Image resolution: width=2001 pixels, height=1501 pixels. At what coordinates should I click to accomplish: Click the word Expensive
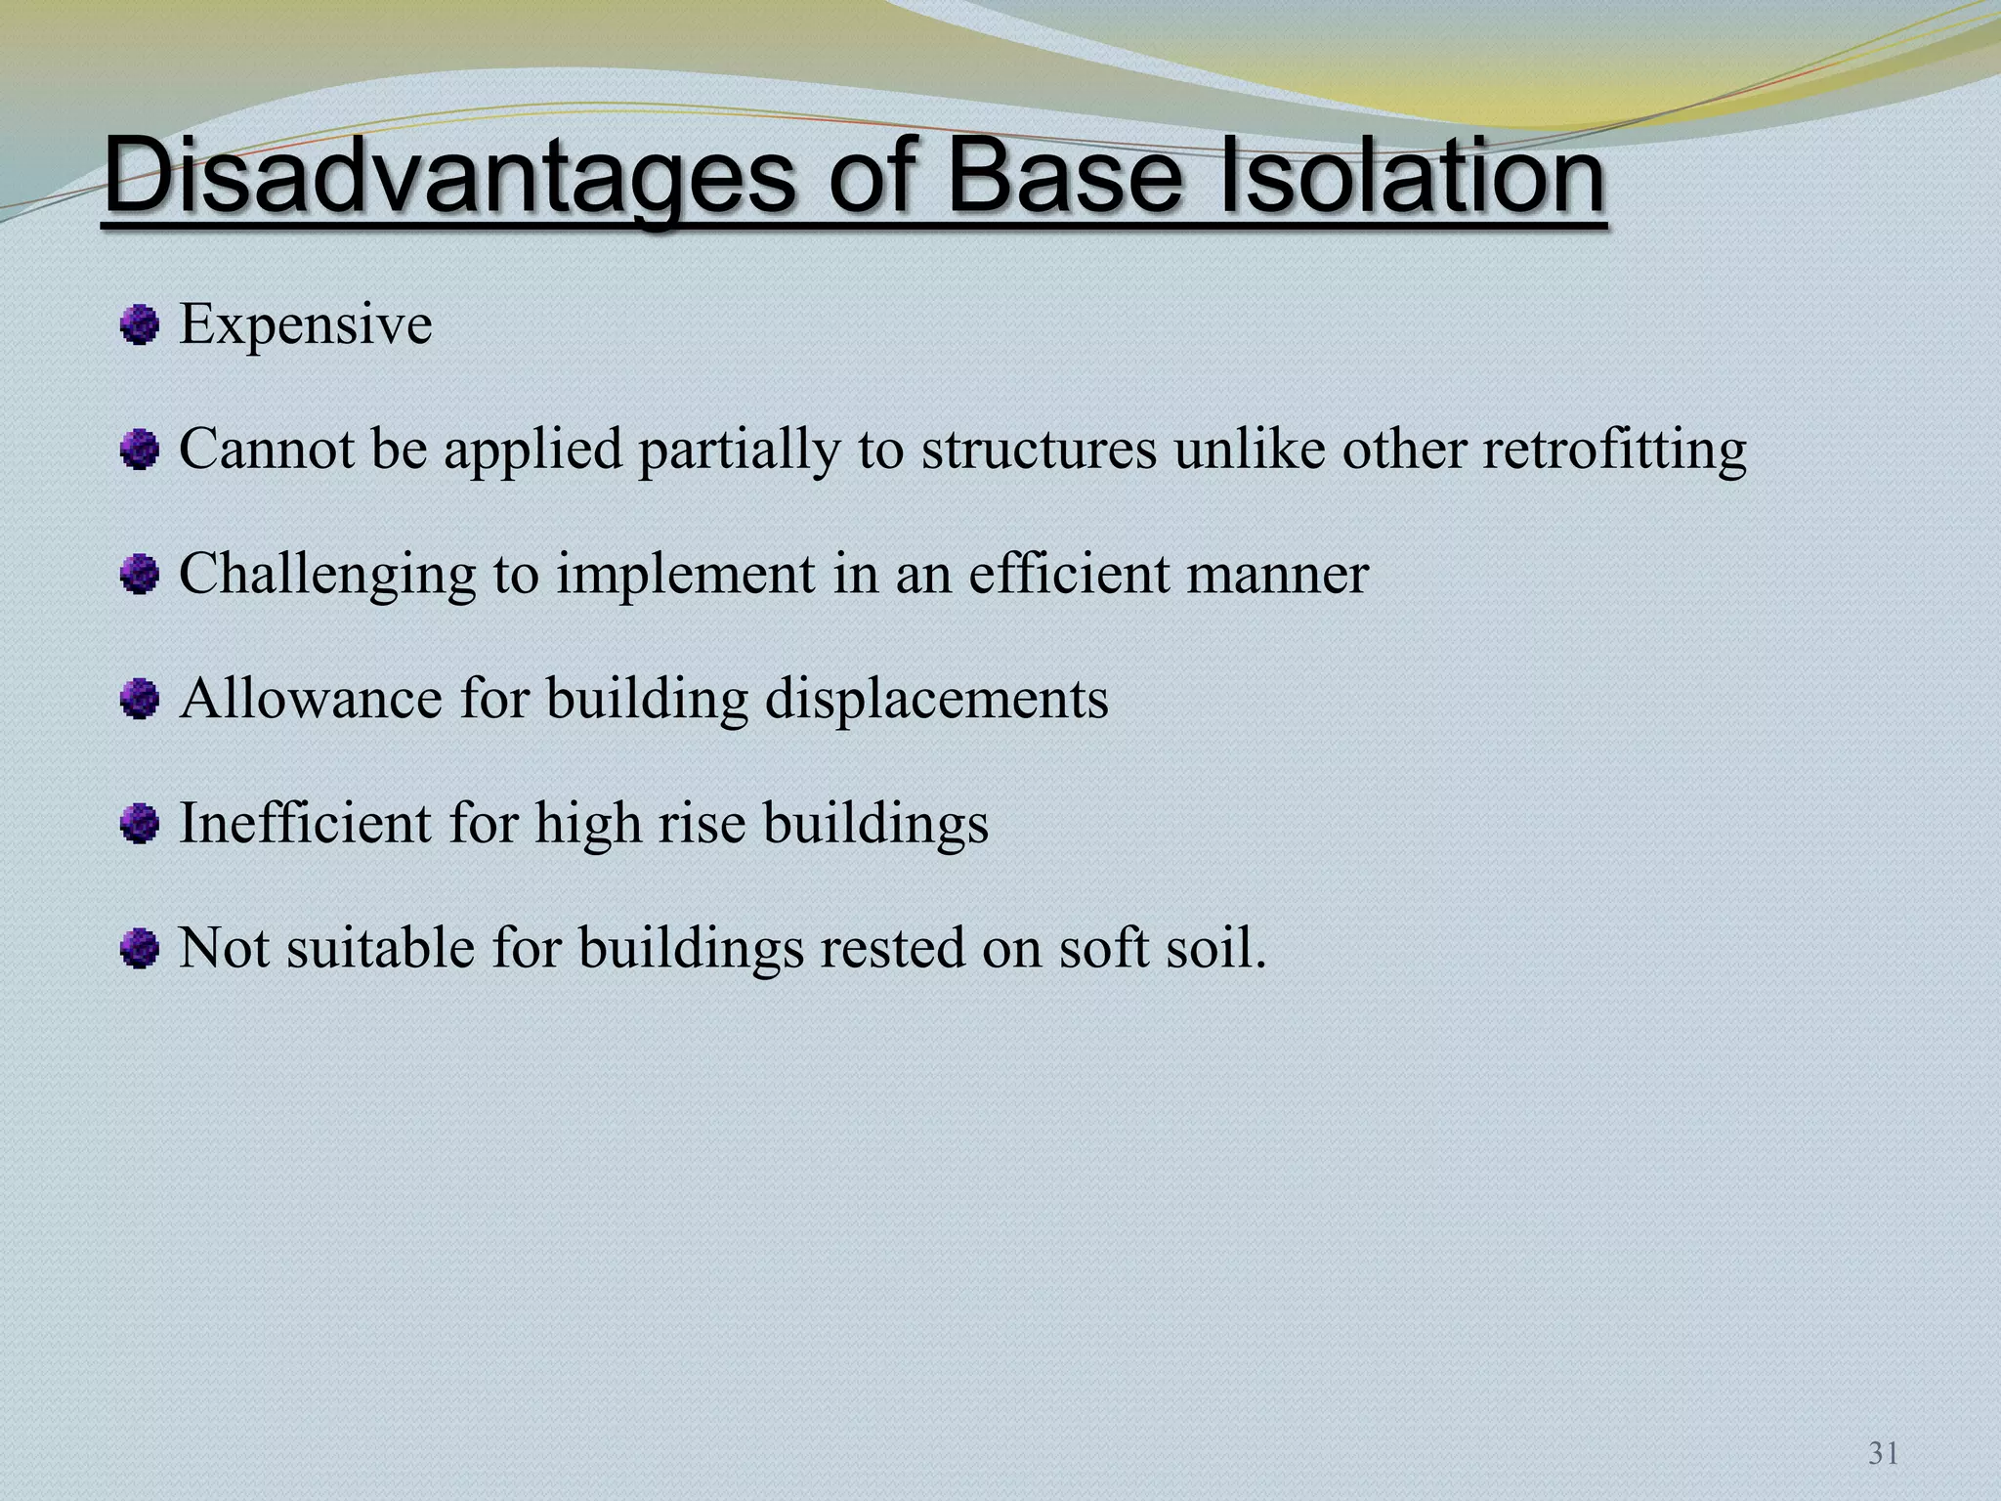coord(305,324)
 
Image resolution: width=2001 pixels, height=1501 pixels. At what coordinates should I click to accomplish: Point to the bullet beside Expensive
coord(140,324)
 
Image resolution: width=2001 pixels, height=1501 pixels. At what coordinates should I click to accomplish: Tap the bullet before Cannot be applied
coord(140,450)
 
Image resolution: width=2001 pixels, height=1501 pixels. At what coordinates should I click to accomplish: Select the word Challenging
coord(327,576)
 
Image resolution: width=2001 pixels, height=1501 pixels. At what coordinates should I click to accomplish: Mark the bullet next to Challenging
coord(140,575)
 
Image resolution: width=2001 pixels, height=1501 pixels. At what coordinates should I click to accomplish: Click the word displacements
coord(936,700)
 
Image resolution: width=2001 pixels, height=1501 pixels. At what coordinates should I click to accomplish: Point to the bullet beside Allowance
coord(140,700)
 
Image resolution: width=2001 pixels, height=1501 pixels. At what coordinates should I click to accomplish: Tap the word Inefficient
coord(305,824)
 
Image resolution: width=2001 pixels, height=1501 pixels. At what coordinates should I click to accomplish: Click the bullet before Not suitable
coord(140,948)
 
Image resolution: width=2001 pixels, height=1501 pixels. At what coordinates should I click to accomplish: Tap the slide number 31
coord(1883,1454)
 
